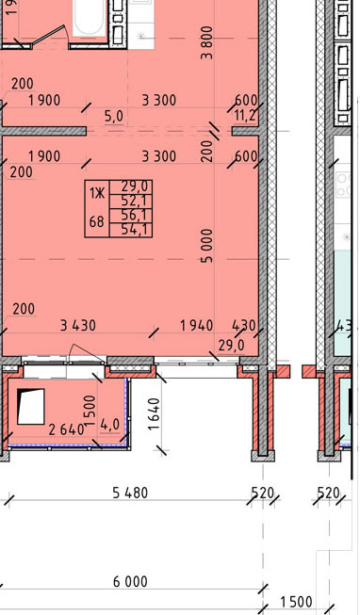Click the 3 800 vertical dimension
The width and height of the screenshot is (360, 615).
pos(206,42)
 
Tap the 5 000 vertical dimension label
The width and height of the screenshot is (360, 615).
pos(207,246)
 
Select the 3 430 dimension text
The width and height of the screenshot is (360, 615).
pos(77,325)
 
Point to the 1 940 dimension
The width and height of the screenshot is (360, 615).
pos(196,325)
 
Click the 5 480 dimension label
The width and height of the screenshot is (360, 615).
pos(130,493)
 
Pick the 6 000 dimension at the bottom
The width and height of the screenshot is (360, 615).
pos(130,581)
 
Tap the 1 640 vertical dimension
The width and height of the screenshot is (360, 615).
pos(155,414)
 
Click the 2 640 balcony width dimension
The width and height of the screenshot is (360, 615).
pos(66,429)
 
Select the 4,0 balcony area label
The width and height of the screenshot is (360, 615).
pos(109,425)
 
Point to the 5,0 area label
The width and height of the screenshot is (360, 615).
pos(114,117)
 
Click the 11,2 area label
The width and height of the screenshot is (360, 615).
pos(245,115)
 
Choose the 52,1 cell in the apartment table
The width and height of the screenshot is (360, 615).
pos(131,202)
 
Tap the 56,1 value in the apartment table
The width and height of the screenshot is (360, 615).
pos(131,216)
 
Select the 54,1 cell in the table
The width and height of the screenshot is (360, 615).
pos(131,230)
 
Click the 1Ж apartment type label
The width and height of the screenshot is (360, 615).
pos(97,193)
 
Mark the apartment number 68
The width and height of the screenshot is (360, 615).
pos(97,222)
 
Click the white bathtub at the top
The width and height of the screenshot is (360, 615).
pos(90,18)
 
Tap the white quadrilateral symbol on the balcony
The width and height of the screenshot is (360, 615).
pos(31,406)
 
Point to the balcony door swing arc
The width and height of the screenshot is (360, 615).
pos(88,350)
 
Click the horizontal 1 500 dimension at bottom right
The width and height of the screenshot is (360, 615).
pos(297,602)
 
